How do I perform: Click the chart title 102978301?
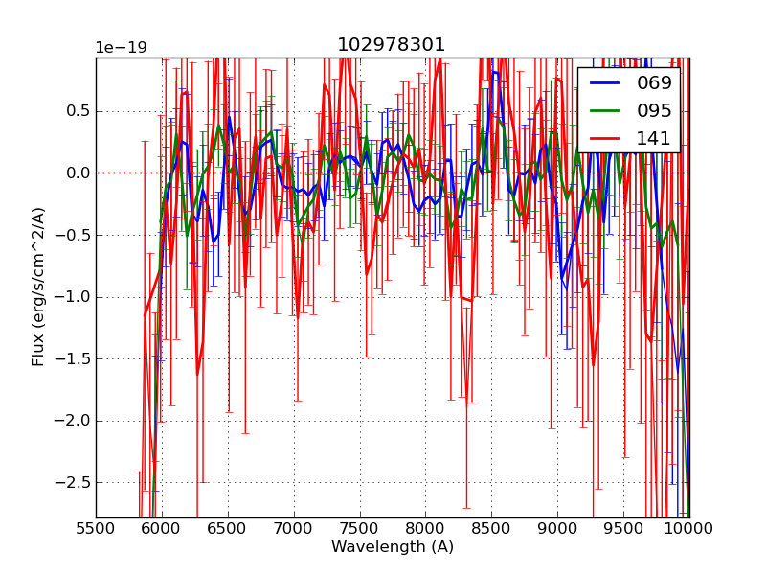391,45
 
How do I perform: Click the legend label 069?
654,83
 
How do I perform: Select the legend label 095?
654,110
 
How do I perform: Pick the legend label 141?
654,138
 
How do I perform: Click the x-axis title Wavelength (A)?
393,547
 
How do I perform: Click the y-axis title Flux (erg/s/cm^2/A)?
38,287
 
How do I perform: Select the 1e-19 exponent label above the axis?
121,48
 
